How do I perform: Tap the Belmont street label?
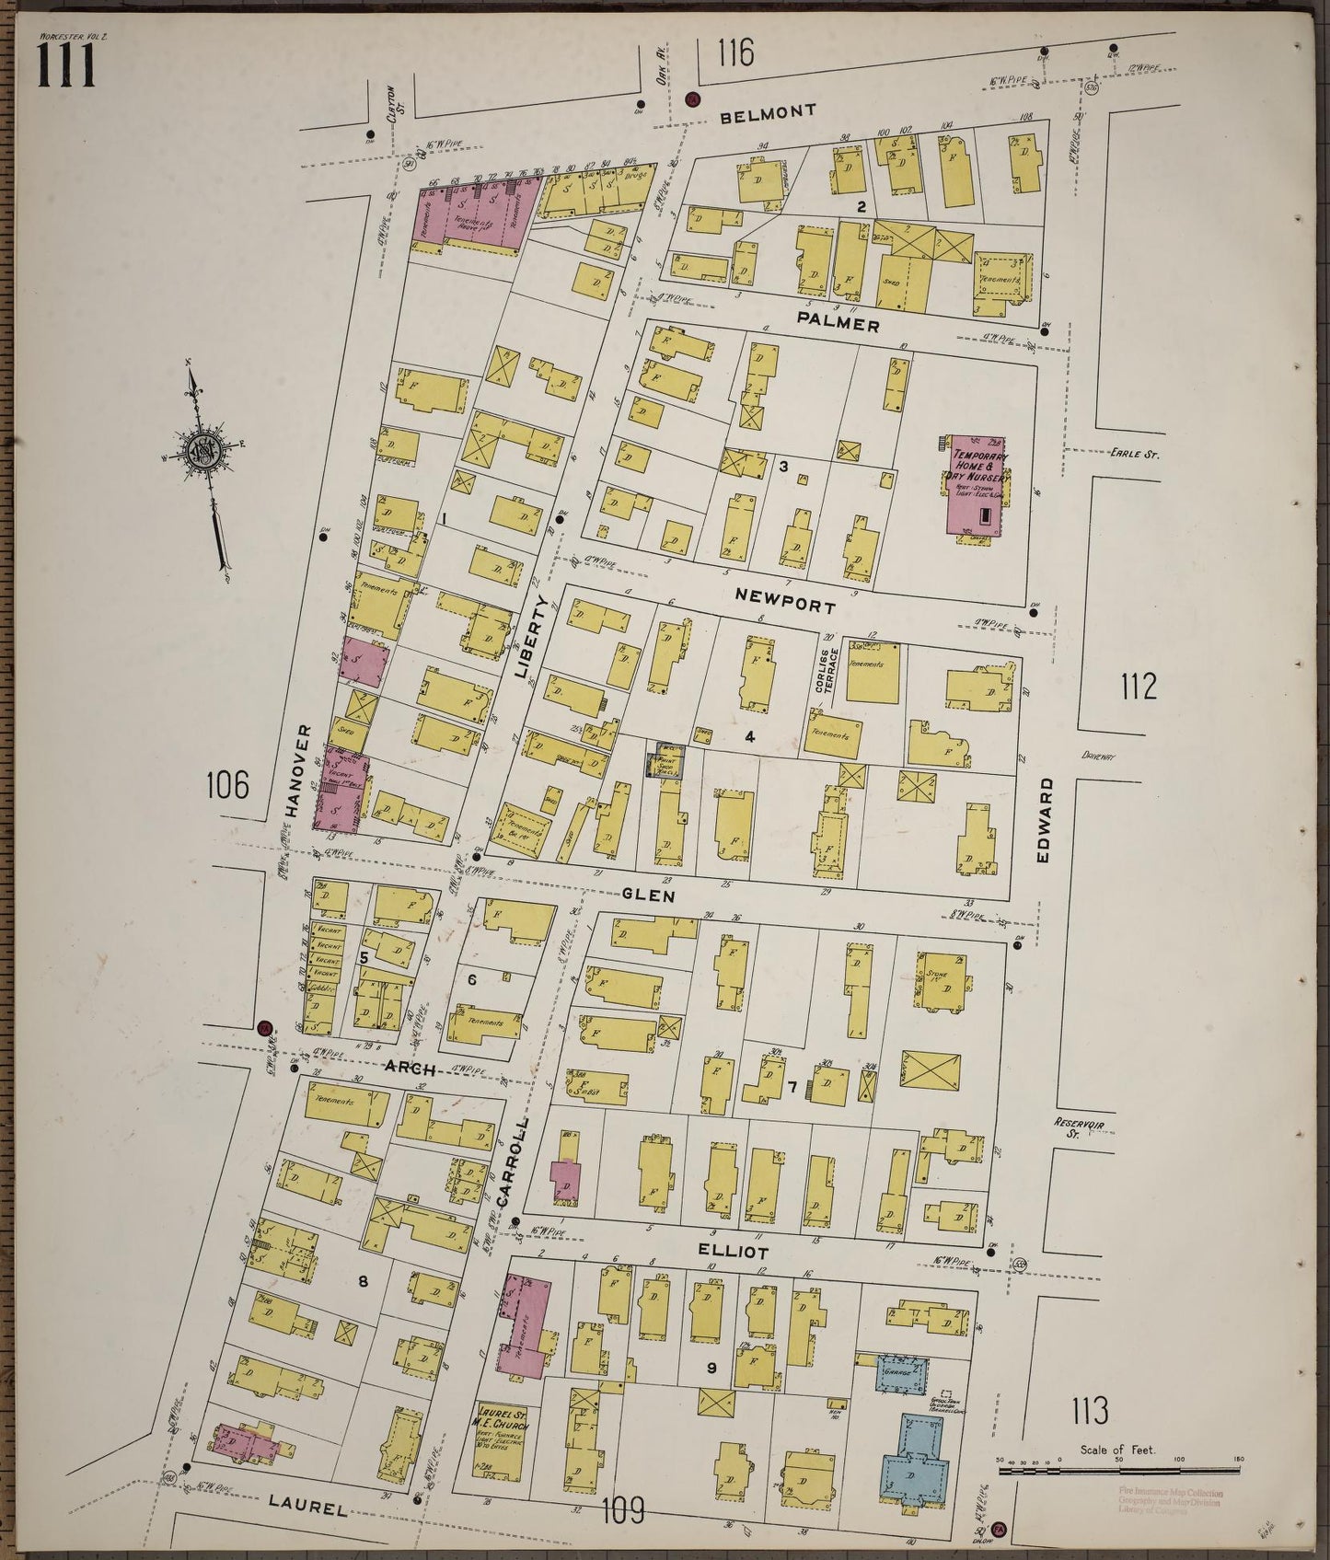coord(769,112)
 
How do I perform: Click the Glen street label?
coord(649,895)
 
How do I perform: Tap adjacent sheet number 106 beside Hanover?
coord(227,785)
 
